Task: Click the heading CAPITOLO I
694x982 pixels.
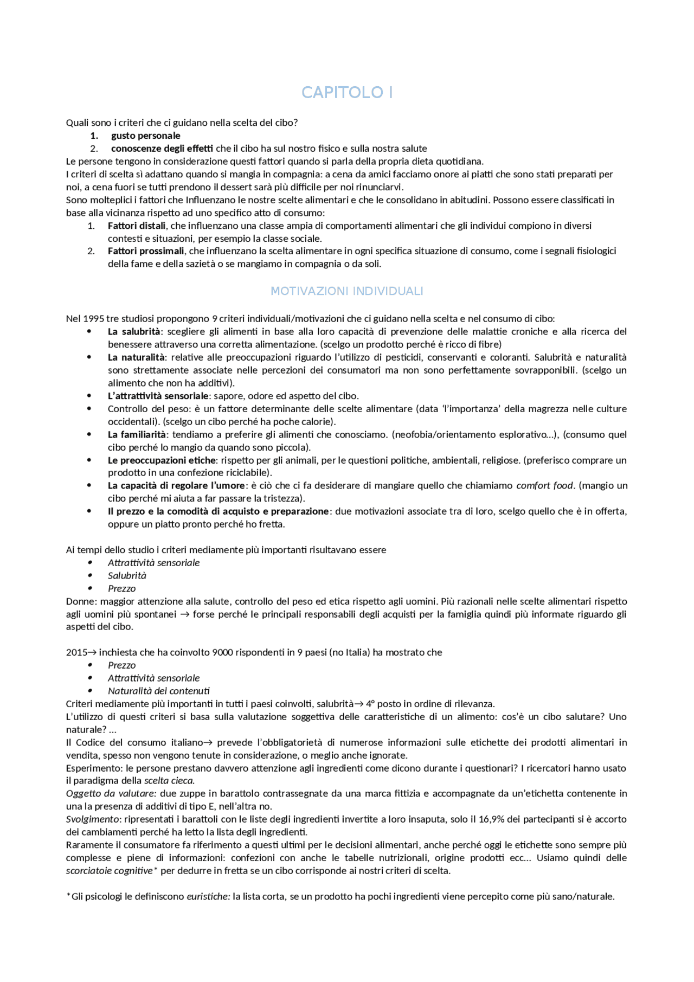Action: click(x=347, y=93)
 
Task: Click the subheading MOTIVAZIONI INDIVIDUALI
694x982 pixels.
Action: click(x=347, y=291)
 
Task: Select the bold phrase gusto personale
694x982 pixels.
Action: click(x=145, y=136)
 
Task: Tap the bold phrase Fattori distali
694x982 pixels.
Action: click(x=137, y=226)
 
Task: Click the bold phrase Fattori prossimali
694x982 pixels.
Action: click(x=146, y=251)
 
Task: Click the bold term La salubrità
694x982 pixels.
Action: click(x=134, y=332)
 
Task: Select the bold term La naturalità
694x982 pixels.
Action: click(x=136, y=357)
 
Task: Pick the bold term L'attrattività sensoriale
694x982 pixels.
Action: click(x=158, y=396)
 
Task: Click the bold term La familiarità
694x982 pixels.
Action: click(x=137, y=434)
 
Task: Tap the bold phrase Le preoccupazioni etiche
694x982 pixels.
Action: click(x=162, y=460)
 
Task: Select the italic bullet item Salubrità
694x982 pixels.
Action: click(x=127, y=576)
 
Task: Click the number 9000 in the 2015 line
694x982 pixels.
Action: click(x=222, y=652)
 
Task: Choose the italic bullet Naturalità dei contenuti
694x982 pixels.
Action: click(x=158, y=691)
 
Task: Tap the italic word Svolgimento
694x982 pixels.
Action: click(x=92, y=819)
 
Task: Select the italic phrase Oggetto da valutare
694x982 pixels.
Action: click(x=111, y=793)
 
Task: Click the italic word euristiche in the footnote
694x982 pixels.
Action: click(x=208, y=896)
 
